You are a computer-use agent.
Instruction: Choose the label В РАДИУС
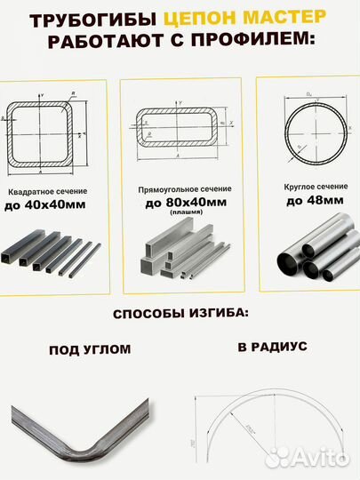(x=272, y=346)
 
